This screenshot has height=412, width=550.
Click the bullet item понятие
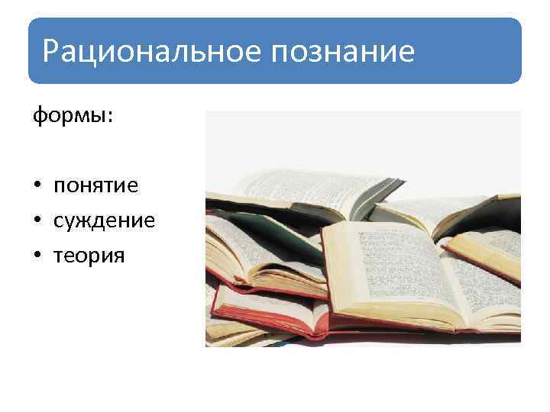tap(95, 186)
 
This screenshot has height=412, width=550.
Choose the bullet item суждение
tap(104, 221)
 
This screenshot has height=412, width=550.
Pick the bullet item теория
tap(89, 256)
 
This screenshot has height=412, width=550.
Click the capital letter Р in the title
tap(51, 51)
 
